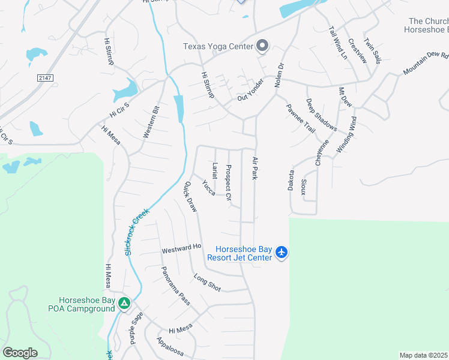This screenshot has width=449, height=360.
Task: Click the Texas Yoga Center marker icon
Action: (x=262, y=46)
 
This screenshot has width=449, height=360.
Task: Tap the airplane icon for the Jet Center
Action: (x=282, y=253)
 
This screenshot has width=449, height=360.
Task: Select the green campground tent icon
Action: (x=124, y=304)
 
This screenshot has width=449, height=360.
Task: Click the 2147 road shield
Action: (x=44, y=78)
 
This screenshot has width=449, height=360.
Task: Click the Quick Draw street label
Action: (x=191, y=197)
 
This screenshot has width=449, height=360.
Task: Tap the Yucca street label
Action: (x=209, y=187)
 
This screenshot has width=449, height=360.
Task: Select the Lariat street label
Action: (x=214, y=170)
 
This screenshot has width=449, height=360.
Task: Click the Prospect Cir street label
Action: (x=228, y=182)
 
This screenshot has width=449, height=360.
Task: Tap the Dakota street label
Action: (x=291, y=180)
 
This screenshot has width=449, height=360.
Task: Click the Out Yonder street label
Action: (x=251, y=95)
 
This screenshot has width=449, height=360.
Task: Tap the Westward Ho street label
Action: (x=181, y=248)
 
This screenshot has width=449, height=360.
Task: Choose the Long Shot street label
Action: (x=207, y=282)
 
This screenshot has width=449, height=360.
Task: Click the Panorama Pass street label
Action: (x=175, y=286)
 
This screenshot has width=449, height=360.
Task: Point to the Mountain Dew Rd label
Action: (x=426, y=63)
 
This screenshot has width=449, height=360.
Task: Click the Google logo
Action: (x=20, y=353)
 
